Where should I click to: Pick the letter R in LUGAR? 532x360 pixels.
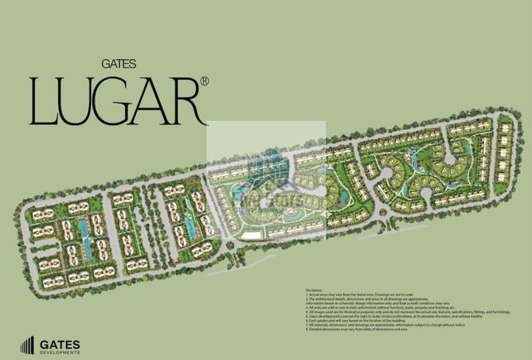(190, 102)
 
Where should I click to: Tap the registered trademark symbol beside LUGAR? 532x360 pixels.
(205, 82)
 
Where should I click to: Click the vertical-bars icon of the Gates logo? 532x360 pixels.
(26, 345)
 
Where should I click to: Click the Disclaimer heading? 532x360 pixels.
(315, 289)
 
